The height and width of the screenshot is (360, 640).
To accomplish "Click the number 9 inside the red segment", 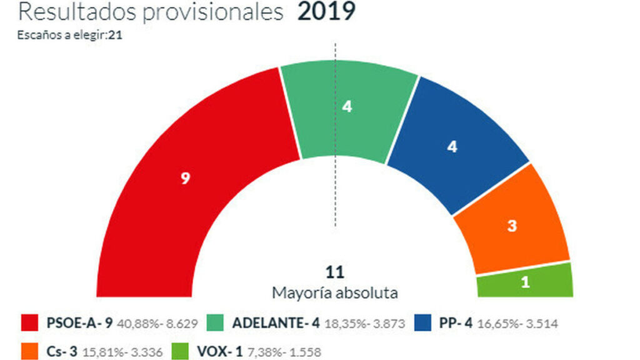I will tap(185, 179).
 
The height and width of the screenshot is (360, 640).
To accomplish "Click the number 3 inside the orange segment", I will tap(512, 226).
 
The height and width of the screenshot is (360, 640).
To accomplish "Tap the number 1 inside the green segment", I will tap(526, 282).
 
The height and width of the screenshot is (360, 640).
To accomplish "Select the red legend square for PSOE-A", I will tap(30, 323).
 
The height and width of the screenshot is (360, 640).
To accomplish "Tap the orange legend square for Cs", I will tap(30, 351).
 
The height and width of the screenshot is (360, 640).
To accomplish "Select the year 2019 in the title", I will tap(326, 11).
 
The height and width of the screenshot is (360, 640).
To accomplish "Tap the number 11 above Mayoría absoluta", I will tap(335, 272).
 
